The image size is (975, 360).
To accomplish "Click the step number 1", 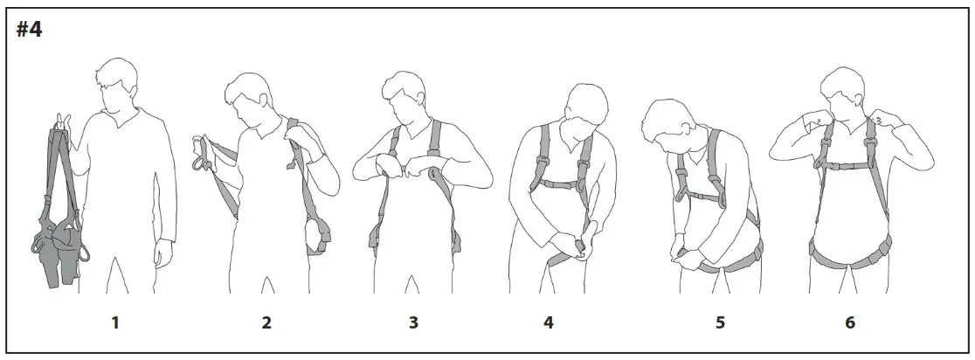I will click(114, 323).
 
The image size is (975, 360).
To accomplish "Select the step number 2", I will click(266, 323).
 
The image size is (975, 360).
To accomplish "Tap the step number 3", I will click(413, 323).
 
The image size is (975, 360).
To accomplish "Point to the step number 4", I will click(549, 323).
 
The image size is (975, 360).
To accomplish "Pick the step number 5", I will click(720, 323).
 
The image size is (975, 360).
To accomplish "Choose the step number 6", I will click(849, 323).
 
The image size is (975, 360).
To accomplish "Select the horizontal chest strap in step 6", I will click(845, 164).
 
